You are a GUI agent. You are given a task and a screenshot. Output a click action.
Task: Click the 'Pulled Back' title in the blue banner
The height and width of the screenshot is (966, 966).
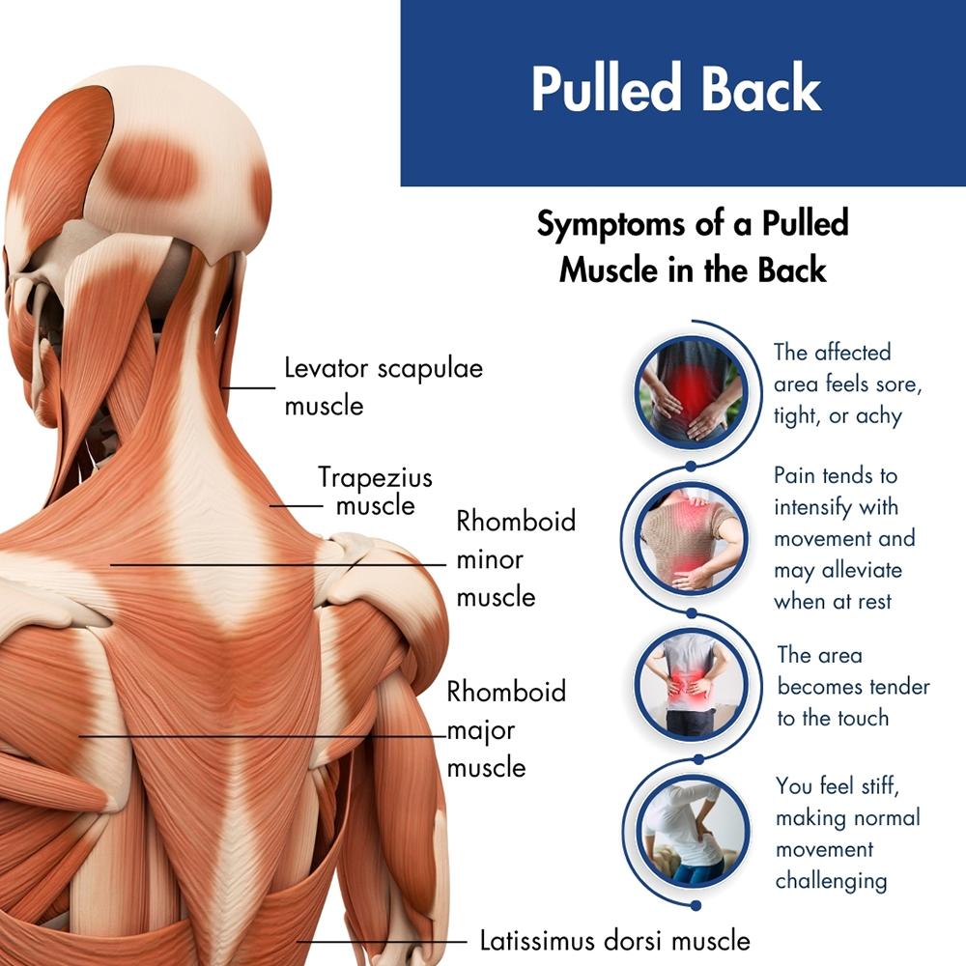pos(675,90)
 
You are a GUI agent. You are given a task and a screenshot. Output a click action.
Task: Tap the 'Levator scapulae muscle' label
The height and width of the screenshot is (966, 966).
pos(383,386)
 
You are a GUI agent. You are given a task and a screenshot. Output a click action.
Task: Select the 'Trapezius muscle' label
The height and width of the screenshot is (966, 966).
pos(376,491)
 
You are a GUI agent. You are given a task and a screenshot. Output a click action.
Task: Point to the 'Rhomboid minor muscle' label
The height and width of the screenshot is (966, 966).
pos(516,559)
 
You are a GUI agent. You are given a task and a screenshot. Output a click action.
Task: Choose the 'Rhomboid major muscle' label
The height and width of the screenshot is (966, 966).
pos(506,729)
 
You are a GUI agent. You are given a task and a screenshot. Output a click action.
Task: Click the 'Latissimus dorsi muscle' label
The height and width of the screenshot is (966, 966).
pos(614,939)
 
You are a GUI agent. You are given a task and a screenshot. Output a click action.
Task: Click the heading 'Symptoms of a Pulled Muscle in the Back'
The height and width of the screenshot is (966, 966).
pos(693,246)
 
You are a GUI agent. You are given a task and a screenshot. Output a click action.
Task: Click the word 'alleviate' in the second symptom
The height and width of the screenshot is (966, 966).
pos(862,570)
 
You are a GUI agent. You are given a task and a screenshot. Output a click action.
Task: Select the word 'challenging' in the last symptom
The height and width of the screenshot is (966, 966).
pos(831,880)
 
